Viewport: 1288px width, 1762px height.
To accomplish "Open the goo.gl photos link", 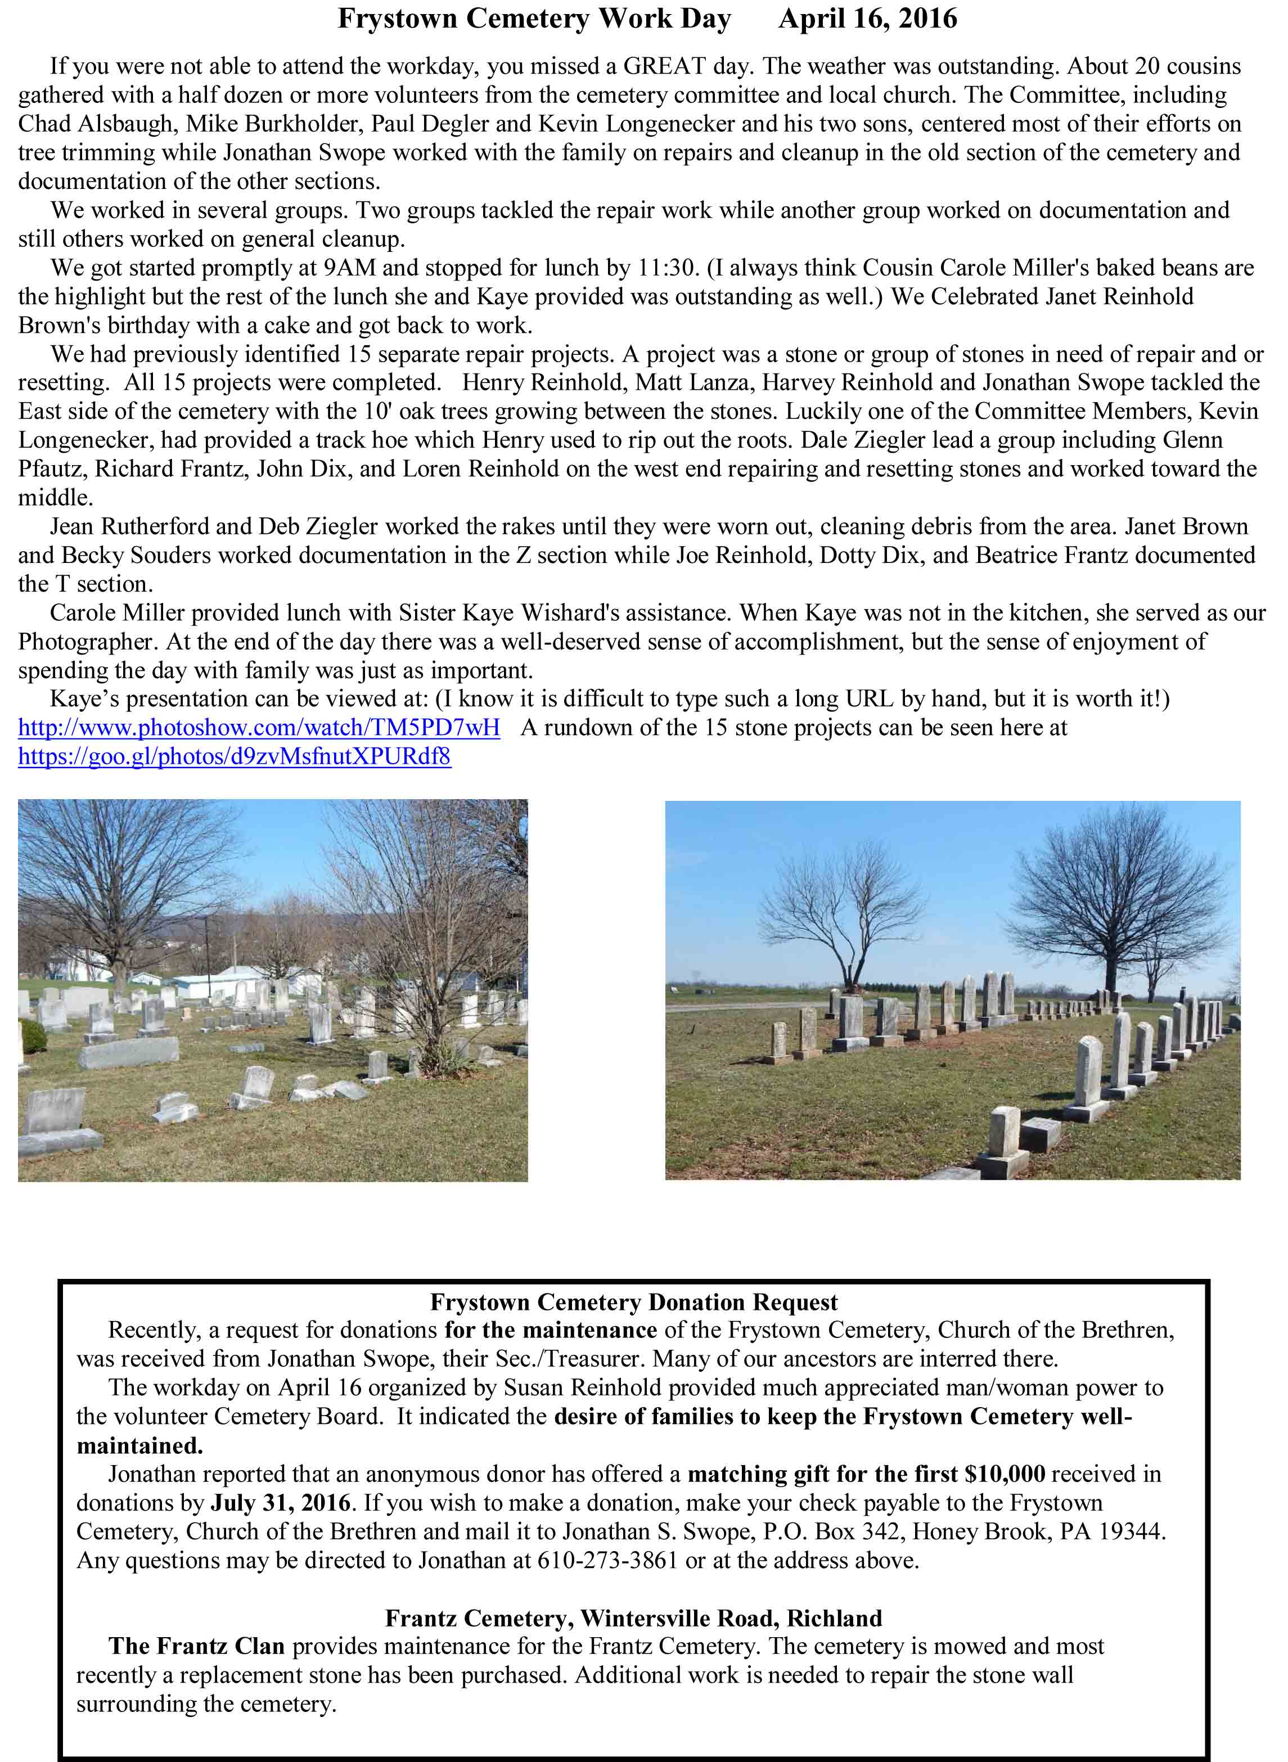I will pos(234,756).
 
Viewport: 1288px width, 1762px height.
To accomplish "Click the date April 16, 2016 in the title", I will pos(867,19).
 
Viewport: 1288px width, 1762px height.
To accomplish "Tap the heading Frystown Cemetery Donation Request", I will pos(633,1302).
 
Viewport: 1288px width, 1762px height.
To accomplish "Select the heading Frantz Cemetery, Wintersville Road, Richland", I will pos(633,1619).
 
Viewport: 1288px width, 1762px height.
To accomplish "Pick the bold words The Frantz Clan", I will pos(196,1647).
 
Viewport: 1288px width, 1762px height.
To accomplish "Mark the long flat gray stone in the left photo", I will pos(129,1053).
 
